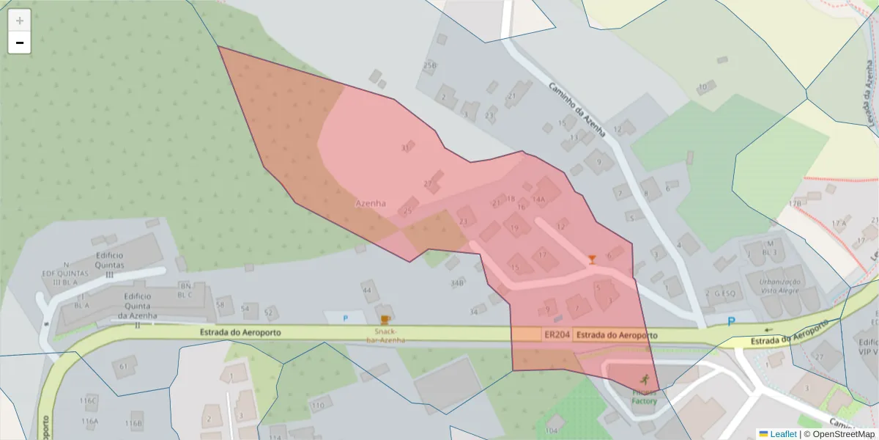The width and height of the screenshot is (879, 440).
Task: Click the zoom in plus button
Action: (x=20, y=21)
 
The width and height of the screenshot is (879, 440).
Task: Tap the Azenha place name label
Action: (x=371, y=203)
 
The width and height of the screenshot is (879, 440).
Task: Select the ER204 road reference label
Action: (x=557, y=335)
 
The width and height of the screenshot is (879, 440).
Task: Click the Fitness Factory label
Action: (x=645, y=397)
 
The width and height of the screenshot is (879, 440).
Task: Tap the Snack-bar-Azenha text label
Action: (x=385, y=336)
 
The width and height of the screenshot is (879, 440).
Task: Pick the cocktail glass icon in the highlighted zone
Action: (x=592, y=259)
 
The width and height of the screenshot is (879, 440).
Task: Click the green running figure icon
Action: (x=645, y=379)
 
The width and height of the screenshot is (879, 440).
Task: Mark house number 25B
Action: (x=430, y=65)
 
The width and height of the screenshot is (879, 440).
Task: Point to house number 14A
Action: (x=539, y=199)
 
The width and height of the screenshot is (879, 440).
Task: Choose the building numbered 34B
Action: (x=457, y=282)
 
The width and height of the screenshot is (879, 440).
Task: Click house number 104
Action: (x=552, y=430)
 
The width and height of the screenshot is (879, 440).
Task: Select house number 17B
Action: (x=795, y=203)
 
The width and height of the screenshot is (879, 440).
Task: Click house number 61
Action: (x=124, y=366)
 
